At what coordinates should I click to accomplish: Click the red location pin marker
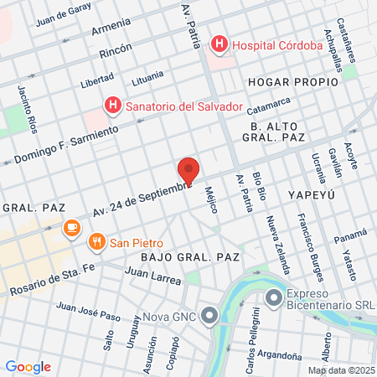click(x=188, y=170)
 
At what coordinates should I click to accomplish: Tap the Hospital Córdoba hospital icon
click(x=219, y=44)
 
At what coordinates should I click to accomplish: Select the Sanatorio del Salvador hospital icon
click(x=112, y=106)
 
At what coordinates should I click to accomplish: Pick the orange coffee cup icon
click(x=72, y=227)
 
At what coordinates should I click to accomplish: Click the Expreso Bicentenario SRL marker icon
click(x=273, y=298)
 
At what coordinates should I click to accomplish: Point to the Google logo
click(x=28, y=367)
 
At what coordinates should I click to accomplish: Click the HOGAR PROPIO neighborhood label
click(x=292, y=82)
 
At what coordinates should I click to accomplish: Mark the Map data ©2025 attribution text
click(x=341, y=370)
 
